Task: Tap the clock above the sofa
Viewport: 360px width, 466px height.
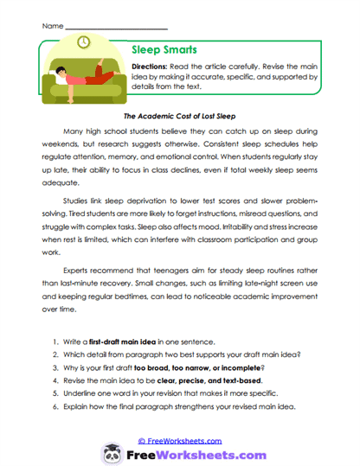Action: (x=83, y=41)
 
